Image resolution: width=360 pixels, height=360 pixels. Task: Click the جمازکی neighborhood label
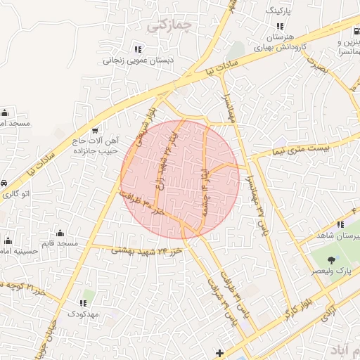click(170, 26)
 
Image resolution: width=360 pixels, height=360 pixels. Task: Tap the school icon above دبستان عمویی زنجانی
click(138, 49)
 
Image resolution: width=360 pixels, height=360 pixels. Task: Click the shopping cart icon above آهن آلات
click(94, 131)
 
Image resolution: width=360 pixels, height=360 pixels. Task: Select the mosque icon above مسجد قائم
click(59, 233)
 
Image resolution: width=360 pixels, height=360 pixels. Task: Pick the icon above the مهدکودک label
click(82, 304)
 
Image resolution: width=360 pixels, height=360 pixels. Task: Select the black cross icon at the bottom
click(220, 352)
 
